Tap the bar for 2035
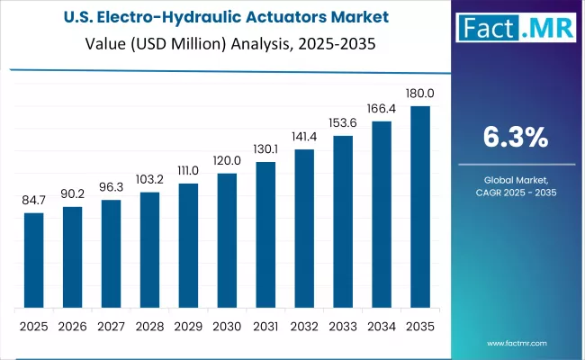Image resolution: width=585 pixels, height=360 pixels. point(420,206)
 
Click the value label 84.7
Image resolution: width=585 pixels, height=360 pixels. point(33,201)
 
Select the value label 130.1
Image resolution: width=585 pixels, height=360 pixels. point(265,149)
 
